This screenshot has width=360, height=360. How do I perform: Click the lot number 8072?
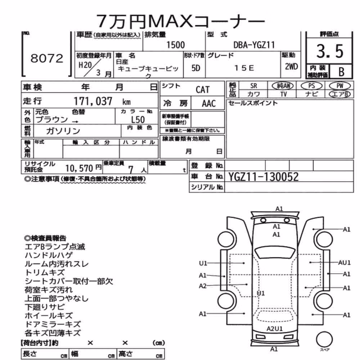pyautogui.click(x=47, y=58)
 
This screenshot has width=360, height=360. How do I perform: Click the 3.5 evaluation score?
pyautogui.click(x=330, y=51)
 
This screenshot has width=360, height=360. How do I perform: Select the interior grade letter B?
pyautogui.click(x=341, y=72)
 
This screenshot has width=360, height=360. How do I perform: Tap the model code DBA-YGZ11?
pyautogui.click(x=254, y=45)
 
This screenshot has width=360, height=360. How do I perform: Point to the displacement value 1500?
pyautogui.click(x=175, y=45)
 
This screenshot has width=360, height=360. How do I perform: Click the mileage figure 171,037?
pyautogui.click(x=93, y=101)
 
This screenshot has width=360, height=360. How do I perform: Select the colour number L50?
pyautogui.click(x=138, y=120)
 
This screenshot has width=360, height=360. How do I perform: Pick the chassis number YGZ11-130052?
pyautogui.click(x=264, y=177)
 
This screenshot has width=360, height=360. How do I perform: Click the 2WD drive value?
pyautogui.click(x=291, y=67)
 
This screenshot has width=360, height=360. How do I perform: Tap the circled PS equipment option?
pyautogui.click(x=311, y=86)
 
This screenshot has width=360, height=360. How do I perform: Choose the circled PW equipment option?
pyautogui.click(x=340, y=86)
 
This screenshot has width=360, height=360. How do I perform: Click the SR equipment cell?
pyautogui.click(x=253, y=86)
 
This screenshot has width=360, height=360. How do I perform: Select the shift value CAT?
pyautogui.click(x=202, y=90)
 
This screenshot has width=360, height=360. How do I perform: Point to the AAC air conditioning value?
pyautogui.click(x=209, y=104)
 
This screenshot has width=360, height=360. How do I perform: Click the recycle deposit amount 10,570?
pyautogui.click(x=79, y=168)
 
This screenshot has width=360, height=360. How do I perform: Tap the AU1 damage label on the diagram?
pyautogui.click(x=344, y=262)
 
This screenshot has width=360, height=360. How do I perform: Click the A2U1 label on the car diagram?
pyautogui.click(x=274, y=329)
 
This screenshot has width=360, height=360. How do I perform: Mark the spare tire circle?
pyautogui.click(x=324, y=339)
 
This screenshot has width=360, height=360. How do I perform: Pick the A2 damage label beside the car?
pyautogui.click(x=202, y=286)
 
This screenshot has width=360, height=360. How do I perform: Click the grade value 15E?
pyautogui.click(x=244, y=68)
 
